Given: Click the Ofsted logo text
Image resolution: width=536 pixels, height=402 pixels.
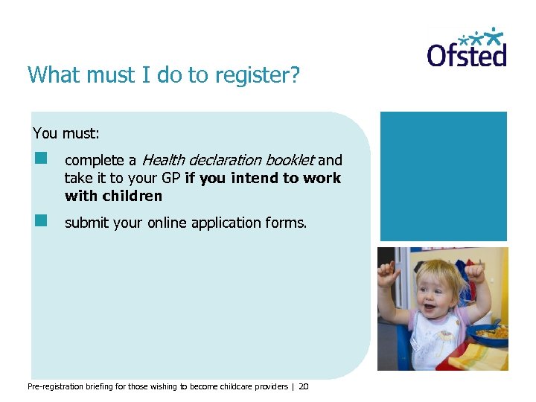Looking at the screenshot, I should (466, 56).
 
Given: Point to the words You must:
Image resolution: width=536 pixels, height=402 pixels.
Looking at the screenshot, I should (66, 134).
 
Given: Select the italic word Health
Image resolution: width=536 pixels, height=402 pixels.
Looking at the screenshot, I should (165, 160).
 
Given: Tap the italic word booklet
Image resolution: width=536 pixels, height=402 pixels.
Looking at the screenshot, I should (292, 160).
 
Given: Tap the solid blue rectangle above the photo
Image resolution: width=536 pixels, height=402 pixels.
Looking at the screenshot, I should (443, 176).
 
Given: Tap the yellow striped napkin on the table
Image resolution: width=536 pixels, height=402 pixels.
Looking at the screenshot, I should (482, 356).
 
